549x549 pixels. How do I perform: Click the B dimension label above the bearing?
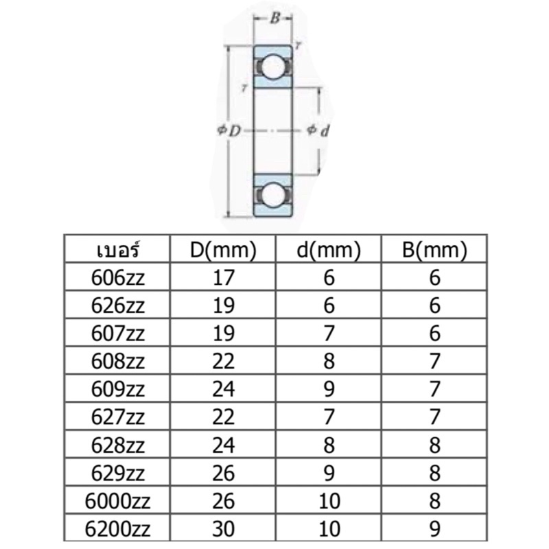275,19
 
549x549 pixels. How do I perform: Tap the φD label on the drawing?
229,130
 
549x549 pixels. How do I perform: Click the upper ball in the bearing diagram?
273,67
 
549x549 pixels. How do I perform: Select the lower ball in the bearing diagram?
273,195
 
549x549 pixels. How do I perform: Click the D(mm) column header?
223,250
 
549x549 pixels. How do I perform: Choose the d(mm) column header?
329,250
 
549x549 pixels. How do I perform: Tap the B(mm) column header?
434,250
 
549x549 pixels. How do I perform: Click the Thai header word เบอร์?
118,249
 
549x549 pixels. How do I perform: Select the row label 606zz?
117,278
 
